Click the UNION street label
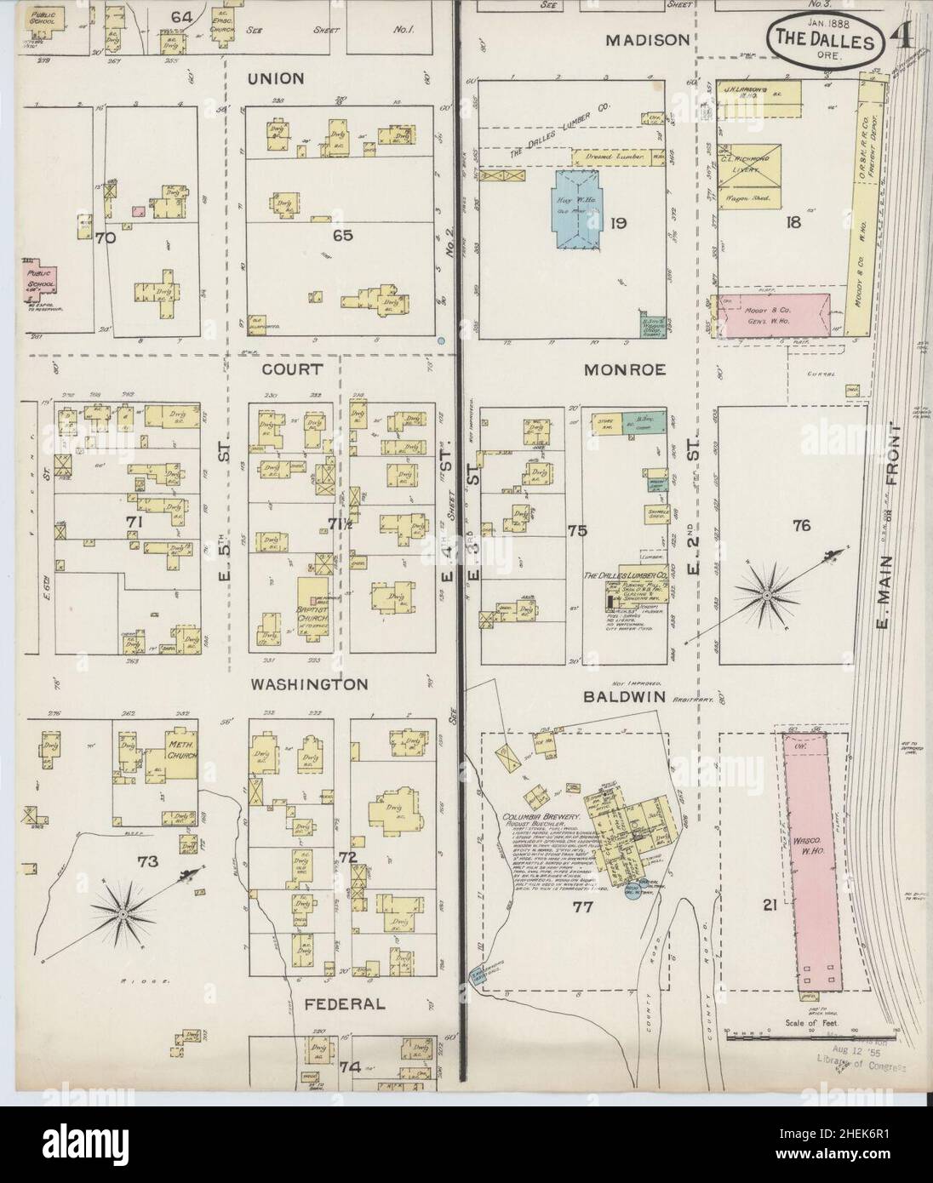click(275, 78)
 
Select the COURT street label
click(280, 369)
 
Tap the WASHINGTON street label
click(308, 683)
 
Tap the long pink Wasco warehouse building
click(812, 860)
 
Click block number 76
click(801, 526)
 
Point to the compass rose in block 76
click(765, 597)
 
